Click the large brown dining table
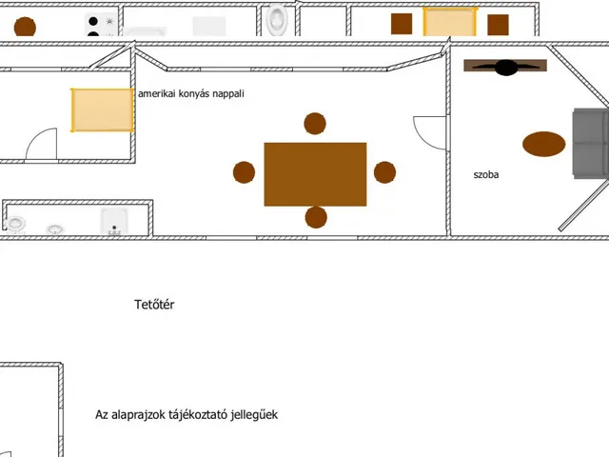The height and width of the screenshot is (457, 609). [x=315, y=174]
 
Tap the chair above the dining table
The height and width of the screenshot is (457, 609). [x=315, y=124]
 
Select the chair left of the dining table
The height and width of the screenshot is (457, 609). [x=244, y=172]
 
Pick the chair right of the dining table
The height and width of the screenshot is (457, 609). [x=384, y=172]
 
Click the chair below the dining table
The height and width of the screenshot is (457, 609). [x=316, y=217]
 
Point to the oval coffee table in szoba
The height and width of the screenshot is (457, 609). [x=543, y=144]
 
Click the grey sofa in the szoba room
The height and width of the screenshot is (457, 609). [x=591, y=144]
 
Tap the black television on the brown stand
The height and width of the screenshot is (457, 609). [x=505, y=68]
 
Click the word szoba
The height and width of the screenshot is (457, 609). [x=486, y=175]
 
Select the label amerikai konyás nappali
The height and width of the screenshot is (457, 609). [x=191, y=93]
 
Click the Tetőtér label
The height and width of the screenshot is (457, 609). [x=154, y=305]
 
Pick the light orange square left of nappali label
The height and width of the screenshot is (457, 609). [x=102, y=110]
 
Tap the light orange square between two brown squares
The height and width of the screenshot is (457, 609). [x=450, y=22]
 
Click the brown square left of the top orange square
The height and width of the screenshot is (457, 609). [x=402, y=24]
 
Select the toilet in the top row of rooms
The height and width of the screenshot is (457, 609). [x=277, y=19]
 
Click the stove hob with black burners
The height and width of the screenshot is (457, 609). [x=101, y=25]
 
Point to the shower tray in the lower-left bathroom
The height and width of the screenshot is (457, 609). [x=114, y=222]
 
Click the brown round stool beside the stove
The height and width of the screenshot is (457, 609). [x=25, y=28]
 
